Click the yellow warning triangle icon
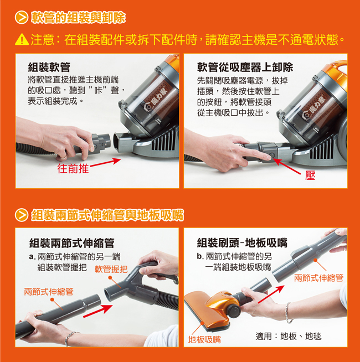[x=22, y=39]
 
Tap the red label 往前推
[x=73, y=168]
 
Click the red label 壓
[x=310, y=175]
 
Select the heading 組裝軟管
[x=49, y=68]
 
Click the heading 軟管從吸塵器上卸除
[x=245, y=68]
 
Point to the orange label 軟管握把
[x=111, y=269]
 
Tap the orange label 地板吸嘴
[x=204, y=340]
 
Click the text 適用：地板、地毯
[x=289, y=336]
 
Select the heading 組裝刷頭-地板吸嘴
[x=242, y=242]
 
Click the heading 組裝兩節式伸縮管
[x=72, y=243]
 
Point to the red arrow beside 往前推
[x=105, y=163]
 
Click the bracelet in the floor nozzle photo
[x=287, y=313]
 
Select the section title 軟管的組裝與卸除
[x=79, y=18]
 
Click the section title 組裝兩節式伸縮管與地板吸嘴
[x=107, y=215]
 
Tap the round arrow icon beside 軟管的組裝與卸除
[x=22, y=18]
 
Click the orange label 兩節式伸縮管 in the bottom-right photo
[x=319, y=278]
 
